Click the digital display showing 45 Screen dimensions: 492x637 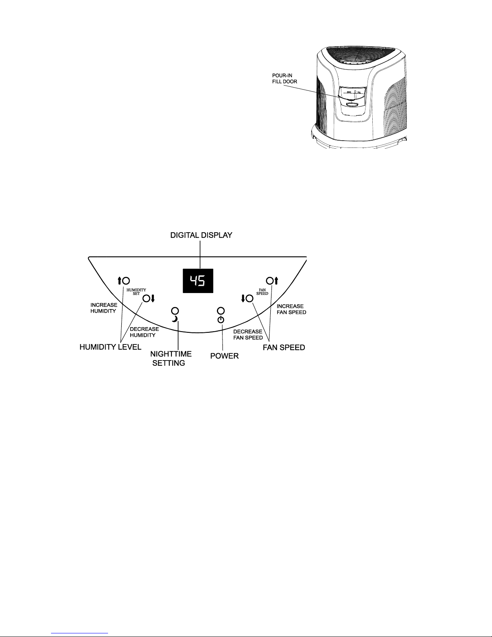[x=198, y=281]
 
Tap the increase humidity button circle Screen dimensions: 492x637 [x=126, y=281]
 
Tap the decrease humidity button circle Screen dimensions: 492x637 [x=147, y=298]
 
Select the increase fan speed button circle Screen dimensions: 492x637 [x=269, y=281]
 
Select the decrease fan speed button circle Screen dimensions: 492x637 [x=249, y=298]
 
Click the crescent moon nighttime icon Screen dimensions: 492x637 [x=175, y=319]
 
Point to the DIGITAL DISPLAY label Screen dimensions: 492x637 [x=201, y=235]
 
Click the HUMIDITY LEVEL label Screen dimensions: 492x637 [x=110, y=347]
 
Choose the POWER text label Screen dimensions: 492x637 [x=225, y=356]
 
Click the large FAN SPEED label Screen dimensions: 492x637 [x=284, y=347]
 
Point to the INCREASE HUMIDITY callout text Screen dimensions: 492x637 [x=104, y=308]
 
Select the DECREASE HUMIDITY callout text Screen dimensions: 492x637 [x=144, y=332]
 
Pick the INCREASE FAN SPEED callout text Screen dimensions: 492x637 [x=291, y=309]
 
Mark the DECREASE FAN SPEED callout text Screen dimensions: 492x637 [x=248, y=334]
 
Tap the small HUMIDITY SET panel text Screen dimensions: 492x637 [x=137, y=291]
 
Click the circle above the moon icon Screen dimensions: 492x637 [x=175, y=311]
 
